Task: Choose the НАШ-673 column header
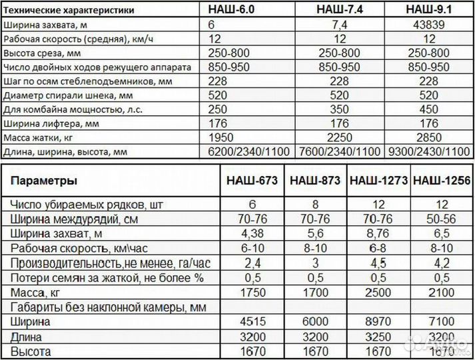pos(252,181)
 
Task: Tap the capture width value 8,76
pos(379,233)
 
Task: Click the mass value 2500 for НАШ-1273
pos(379,292)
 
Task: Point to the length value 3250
pos(379,336)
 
